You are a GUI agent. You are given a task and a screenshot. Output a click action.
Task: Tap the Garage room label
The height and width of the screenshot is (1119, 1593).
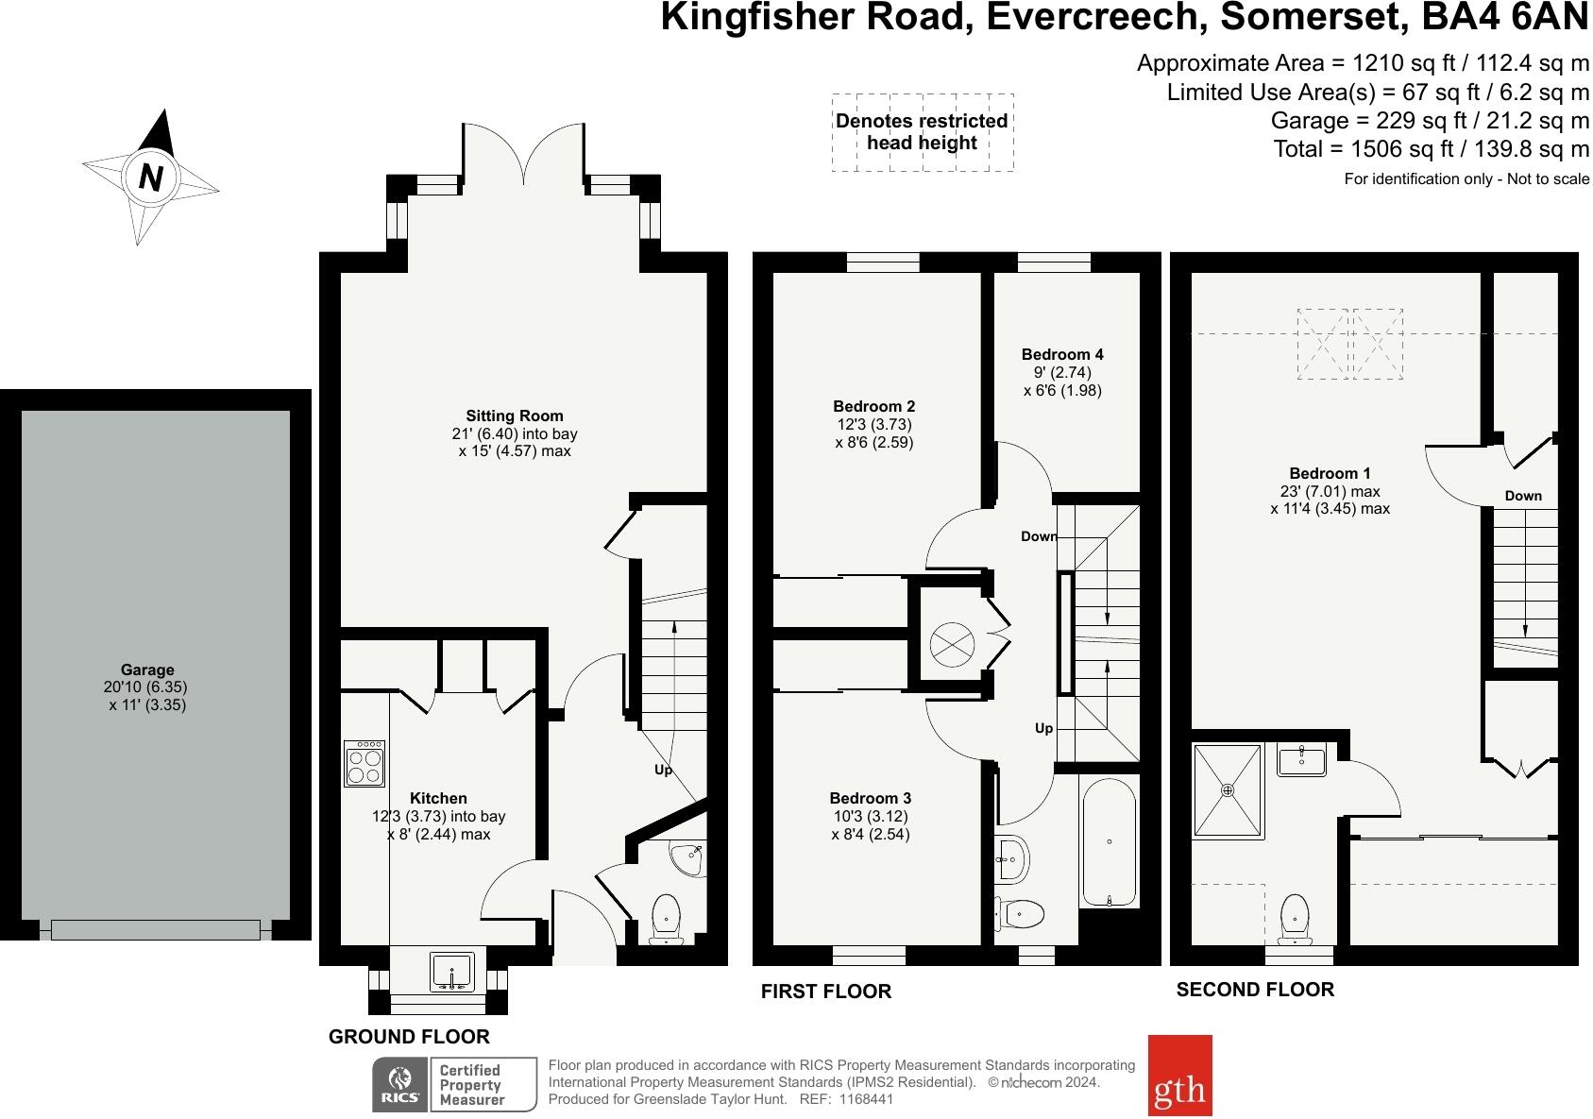pyautogui.click(x=146, y=670)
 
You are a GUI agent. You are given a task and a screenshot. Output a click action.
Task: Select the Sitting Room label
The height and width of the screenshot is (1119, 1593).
pyautogui.click(x=514, y=415)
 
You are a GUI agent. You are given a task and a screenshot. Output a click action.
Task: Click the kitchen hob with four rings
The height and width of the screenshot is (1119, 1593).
pyautogui.click(x=364, y=764)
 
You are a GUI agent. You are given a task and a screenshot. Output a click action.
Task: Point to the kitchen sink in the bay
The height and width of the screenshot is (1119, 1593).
pyautogui.click(x=451, y=971)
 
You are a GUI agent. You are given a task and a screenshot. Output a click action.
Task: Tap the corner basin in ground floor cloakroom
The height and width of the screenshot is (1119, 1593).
pyautogui.click(x=687, y=857)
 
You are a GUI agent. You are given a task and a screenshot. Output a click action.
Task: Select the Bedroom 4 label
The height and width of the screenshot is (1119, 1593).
pyautogui.click(x=1061, y=355)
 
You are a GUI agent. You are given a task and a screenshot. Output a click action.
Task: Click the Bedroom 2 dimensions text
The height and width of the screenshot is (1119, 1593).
pyautogui.click(x=874, y=433)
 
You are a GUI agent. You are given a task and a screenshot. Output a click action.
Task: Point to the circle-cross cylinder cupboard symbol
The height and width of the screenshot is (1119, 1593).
pyautogui.click(x=951, y=645)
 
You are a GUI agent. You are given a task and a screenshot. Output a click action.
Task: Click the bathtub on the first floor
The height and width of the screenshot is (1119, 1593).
pyautogui.click(x=1109, y=843)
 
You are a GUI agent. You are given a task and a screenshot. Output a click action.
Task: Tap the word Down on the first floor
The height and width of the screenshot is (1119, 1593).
pyautogui.click(x=1038, y=536)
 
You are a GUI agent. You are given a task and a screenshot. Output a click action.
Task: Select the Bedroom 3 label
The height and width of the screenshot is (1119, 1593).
pyautogui.click(x=870, y=798)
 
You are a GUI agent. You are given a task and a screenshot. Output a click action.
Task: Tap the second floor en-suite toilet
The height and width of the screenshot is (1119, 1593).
pyautogui.click(x=1295, y=918)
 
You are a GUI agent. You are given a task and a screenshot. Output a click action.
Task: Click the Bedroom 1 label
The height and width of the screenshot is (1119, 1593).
pyautogui.click(x=1330, y=474)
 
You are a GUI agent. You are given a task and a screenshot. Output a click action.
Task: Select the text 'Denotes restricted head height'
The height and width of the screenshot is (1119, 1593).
pyautogui.click(x=921, y=132)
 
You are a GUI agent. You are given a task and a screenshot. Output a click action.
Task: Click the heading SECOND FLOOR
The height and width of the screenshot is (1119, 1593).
pyautogui.click(x=1254, y=990)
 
